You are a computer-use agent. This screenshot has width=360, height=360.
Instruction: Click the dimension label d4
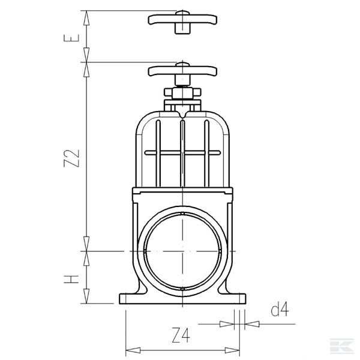click(280, 310)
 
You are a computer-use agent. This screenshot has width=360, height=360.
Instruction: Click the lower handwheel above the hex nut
click(181, 71)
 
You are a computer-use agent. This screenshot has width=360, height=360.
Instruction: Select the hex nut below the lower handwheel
click(181, 94)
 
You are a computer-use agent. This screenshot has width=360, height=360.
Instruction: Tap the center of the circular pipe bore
click(182, 250)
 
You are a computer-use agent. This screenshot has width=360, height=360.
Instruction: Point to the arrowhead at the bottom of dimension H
click(88, 299)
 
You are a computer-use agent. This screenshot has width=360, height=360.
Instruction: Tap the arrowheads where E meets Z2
click(88, 61)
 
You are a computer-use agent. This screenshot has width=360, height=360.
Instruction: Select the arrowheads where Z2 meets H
click(88, 250)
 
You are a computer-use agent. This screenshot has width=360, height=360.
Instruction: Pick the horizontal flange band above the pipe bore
click(182, 193)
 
